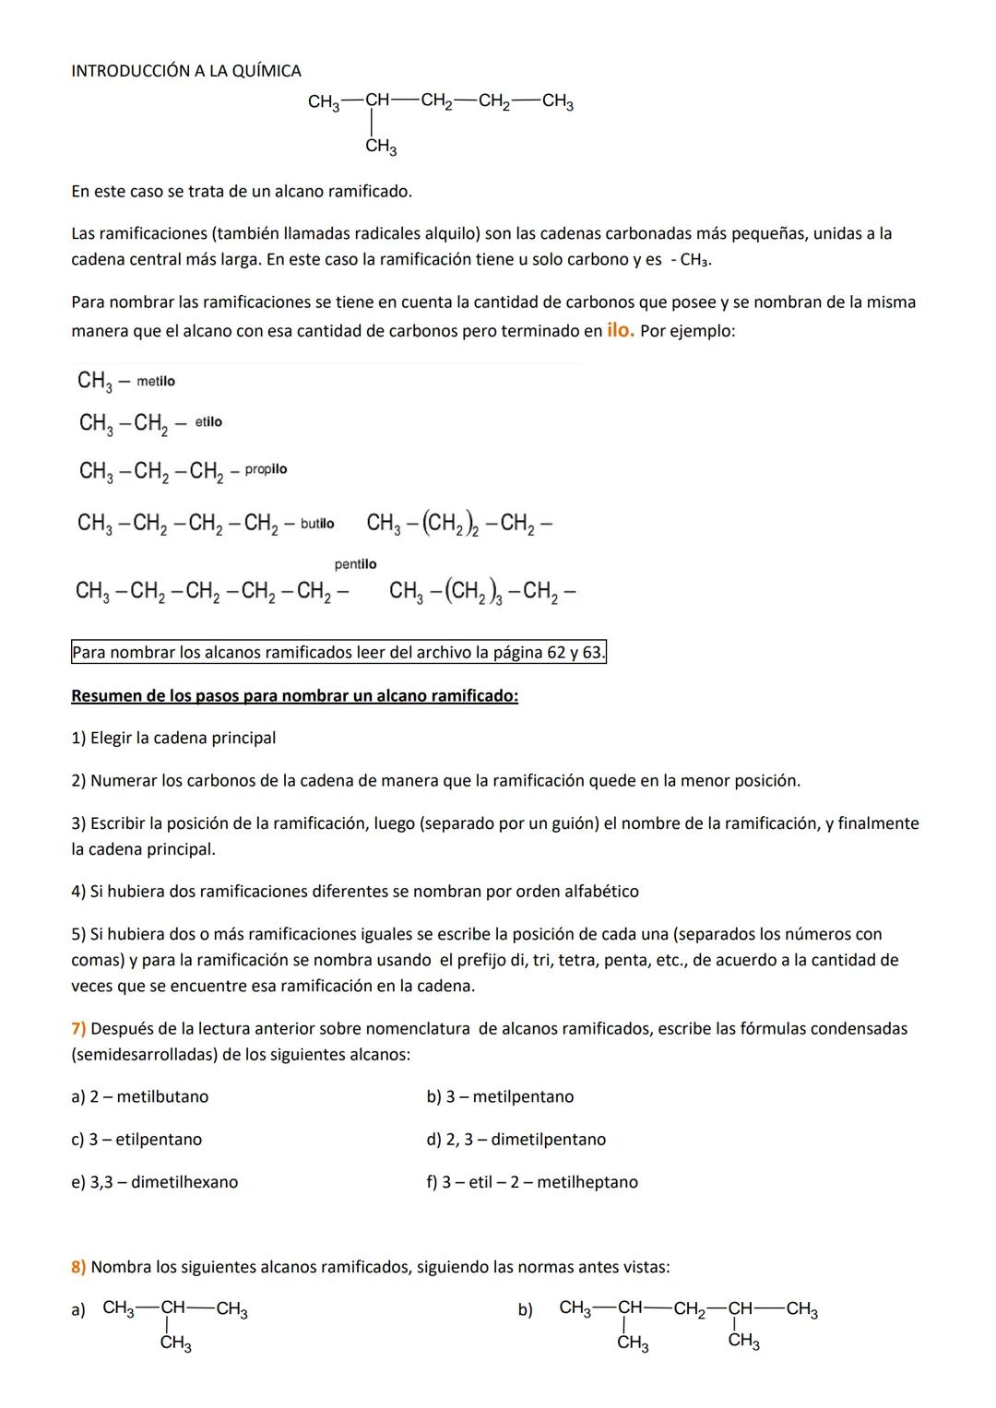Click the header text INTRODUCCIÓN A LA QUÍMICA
[185, 71]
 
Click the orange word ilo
[620, 329]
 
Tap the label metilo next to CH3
[155, 382]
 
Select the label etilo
[208, 421]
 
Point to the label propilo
[266, 469]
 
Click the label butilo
[317, 524]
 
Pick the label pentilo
[355, 563]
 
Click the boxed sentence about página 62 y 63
[338, 653]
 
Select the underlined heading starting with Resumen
[294, 695]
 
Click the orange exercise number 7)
[78, 1028]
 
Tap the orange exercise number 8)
[78, 1267]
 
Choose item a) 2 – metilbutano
[139, 1096]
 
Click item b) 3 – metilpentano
[499, 1096]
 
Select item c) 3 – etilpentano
[136, 1139]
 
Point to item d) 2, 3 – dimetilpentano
[516, 1139]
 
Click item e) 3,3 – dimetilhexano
[154, 1181]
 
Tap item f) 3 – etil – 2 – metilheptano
[531, 1181]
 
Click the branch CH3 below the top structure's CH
[380, 147]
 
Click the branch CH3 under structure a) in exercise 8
[175, 1343]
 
